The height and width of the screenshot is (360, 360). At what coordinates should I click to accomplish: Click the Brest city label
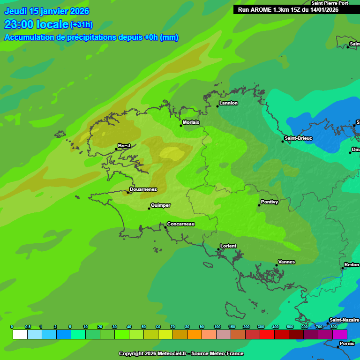(x=124, y=146)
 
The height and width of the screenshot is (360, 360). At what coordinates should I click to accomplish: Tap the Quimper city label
(x=160, y=205)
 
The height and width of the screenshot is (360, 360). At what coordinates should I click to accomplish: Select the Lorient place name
(x=228, y=246)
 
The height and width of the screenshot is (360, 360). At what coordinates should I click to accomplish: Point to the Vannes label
(x=286, y=262)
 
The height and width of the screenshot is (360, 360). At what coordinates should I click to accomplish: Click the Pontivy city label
(x=270, y=202)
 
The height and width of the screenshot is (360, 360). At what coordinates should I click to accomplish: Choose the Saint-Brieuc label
(x=298, y=138)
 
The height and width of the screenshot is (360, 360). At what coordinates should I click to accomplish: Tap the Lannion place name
(x=228, y=103)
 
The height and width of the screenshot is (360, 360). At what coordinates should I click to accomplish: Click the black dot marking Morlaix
(x=181, y=125)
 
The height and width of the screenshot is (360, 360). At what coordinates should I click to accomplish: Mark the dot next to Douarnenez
(x=127, y=192)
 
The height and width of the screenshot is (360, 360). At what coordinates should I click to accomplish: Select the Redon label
(x=352, y=265)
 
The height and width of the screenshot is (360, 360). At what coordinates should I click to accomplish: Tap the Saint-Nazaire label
(x=344, y=320)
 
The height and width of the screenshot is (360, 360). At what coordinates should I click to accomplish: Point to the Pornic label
(x=347, y=344)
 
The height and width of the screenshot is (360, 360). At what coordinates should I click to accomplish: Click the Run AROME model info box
(x=288, y=9)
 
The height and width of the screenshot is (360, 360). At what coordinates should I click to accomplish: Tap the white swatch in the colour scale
(x=20, y=334)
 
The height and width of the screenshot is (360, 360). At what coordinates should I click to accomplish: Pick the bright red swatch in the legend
(x=267, y=334)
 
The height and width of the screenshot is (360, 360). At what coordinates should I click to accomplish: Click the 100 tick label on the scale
(x=217, y=327)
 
